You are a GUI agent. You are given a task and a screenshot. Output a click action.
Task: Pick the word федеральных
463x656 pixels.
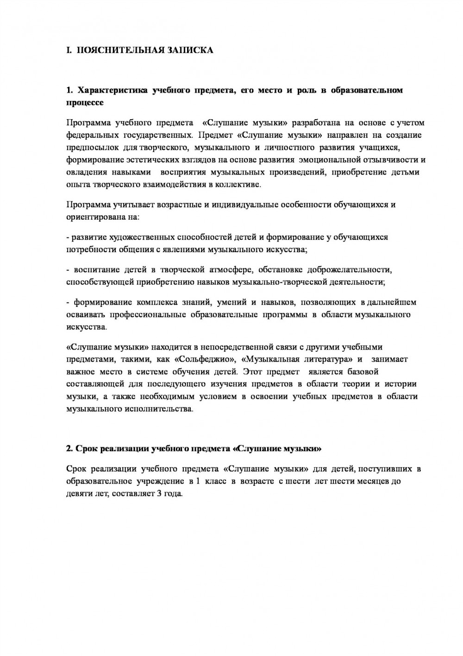[92, 135]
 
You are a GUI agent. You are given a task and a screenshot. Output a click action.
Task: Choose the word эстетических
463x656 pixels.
[148, 160]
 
